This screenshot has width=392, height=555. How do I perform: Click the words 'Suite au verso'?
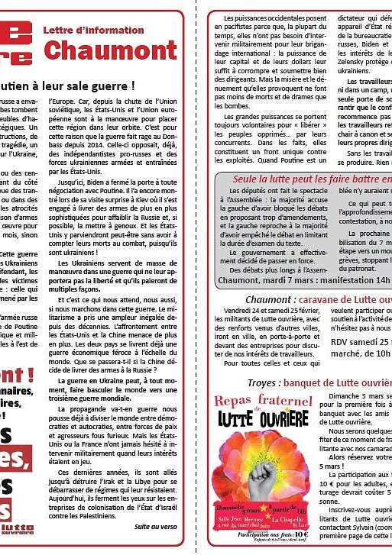coord(154,526)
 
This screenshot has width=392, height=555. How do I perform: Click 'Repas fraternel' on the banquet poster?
coord(261,402)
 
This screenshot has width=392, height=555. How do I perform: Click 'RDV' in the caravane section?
coord(341,343)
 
